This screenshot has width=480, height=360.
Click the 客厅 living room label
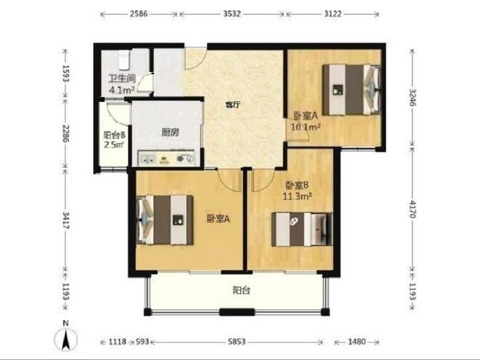coord(233,105)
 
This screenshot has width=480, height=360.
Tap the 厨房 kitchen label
coord(170,132)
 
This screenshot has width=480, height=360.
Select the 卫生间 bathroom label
coord(122,79)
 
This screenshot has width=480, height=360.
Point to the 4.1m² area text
coord(122,90)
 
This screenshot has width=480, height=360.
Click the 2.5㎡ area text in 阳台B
coord(114,145)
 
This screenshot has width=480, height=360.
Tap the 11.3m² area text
coord(297,196)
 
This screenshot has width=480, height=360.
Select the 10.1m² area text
coord(306,127)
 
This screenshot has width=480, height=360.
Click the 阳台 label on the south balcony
coord(242,290)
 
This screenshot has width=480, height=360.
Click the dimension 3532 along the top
coord(232,14)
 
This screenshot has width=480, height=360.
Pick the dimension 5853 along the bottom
coord(236,341)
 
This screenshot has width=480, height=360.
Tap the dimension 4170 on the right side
coord(413,209)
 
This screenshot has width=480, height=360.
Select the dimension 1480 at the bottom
coord(356,341)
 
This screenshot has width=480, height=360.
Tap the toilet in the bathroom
coord(124,59)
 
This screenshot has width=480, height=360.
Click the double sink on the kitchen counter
coord(147,158)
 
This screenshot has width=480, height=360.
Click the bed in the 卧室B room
coord(302,229)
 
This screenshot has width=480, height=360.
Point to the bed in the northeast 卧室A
coord(352,89)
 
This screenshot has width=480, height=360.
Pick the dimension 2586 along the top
coord(139,14)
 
